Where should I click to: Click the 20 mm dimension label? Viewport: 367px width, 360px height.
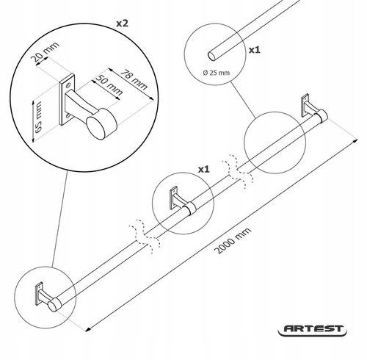point(46,51)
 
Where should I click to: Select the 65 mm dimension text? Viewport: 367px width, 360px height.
point(38,118)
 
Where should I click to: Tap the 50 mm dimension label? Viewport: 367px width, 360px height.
point(109,84)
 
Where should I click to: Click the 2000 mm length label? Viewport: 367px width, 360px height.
point(233,240)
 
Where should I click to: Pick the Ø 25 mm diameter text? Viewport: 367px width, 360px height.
point(217,73)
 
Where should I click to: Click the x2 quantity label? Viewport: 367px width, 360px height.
point(122,24)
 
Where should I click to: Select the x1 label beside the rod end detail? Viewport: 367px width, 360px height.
point(255,50)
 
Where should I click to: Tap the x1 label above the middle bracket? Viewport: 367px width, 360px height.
point(204,169)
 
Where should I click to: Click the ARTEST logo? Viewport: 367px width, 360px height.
point(313,329)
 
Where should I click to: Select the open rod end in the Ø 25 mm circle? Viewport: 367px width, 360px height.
point(212,56)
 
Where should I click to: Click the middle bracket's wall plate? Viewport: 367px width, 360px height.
point(174,198)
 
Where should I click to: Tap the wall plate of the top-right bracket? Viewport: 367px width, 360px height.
point(305,105)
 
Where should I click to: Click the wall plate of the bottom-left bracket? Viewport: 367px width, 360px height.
point(39,294)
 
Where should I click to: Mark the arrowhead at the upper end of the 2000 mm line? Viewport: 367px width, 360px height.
point(355,140)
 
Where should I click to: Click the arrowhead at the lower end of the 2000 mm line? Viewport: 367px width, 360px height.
point(88,329)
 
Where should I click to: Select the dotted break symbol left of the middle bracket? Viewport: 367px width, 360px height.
point(145,237)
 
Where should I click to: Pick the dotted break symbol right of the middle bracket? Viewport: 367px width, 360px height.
point(237,172)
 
